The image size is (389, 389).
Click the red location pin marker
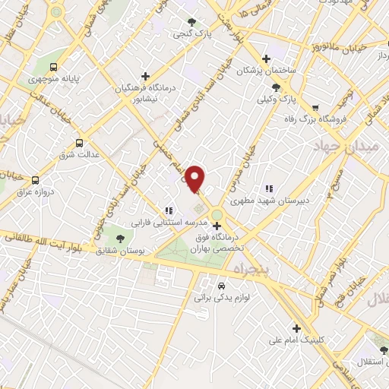[195, 179]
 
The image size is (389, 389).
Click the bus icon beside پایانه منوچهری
[53, 66]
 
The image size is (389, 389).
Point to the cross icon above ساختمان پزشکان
[265, 59]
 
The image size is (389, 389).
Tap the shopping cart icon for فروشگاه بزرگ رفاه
[315, 107]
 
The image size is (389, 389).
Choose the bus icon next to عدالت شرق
[80, 141]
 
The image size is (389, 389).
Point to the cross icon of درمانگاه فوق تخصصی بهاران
[218, 226]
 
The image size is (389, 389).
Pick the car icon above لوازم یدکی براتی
[220, 286]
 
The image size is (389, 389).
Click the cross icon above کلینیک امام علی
[296, 328]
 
